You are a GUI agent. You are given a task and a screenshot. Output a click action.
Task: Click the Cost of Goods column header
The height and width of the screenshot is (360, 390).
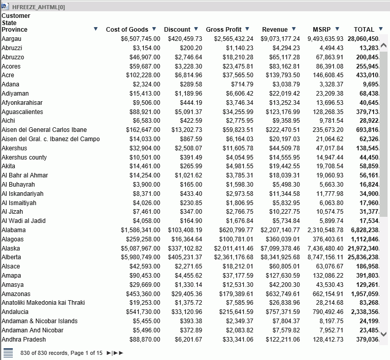point(127,30)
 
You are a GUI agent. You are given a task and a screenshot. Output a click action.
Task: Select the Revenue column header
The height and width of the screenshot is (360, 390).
point(274,30)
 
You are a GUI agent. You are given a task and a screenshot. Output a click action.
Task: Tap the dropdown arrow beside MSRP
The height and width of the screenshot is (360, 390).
point(337,29)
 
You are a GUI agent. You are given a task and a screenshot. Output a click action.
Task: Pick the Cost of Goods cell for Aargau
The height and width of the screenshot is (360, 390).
point(140,39)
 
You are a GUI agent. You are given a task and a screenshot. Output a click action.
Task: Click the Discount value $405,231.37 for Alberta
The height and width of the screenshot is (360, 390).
point(185,257)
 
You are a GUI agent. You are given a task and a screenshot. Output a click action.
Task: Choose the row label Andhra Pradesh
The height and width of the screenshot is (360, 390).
point(24,340)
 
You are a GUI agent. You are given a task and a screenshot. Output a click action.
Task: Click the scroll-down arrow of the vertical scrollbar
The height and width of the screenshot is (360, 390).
point(383,334)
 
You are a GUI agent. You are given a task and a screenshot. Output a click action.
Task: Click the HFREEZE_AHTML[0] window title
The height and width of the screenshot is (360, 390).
point(38,7)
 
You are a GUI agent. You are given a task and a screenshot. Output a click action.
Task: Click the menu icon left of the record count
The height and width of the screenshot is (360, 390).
point(8,353)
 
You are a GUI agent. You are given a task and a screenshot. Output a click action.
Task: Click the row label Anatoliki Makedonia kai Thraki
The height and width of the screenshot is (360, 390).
point(43,303)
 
